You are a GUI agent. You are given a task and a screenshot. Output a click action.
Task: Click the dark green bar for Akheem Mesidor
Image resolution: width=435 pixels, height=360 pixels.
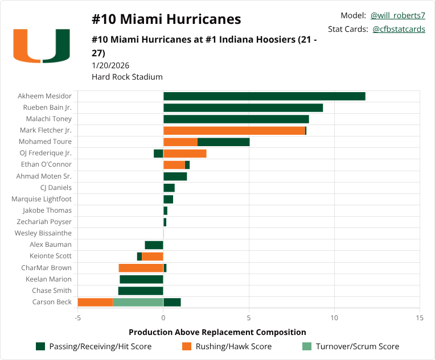[x=264, y=96]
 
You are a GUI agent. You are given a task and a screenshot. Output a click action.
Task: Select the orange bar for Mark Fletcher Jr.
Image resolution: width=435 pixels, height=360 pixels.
[x=234, y=130]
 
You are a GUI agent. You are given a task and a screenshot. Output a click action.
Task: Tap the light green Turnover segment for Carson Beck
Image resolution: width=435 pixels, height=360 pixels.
[x=138, y=302]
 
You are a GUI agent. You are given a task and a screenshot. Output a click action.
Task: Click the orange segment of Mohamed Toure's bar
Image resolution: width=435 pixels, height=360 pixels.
[x=180, y=142]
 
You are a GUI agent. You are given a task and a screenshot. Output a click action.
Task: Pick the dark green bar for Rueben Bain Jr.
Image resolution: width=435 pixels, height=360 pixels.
[x=243, y=107]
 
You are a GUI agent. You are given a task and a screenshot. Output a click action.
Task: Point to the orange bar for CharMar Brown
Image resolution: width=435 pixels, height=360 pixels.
[x=141, y=268]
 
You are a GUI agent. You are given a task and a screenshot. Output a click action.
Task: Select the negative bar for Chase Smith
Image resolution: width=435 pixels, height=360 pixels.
[x=141, y=291]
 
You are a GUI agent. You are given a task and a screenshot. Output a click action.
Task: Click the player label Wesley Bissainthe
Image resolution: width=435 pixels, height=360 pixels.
[x=43, y=233]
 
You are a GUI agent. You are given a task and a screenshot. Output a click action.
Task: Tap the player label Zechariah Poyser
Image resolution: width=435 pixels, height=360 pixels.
[x=44, y=222]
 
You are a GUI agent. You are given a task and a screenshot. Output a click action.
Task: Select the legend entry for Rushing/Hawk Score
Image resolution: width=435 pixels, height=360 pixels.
[x=233, y=346]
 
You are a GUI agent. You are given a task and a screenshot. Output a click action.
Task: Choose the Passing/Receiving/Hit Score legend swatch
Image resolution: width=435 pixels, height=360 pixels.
[x=40, y=346]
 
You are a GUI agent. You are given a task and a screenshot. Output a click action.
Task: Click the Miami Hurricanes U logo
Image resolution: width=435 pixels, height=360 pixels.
[x=42, y=45]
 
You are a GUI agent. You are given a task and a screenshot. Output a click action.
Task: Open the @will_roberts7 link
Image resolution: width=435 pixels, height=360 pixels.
[x=398, y=15]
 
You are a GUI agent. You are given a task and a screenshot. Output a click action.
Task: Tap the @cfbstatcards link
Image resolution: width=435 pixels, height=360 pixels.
[x=399, y=29]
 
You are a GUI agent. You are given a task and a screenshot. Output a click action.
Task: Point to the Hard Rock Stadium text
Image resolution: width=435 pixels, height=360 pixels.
[x=127, y=77]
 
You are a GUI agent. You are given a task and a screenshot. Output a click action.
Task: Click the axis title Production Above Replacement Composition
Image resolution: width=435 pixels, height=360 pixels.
[x=217, y=332]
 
